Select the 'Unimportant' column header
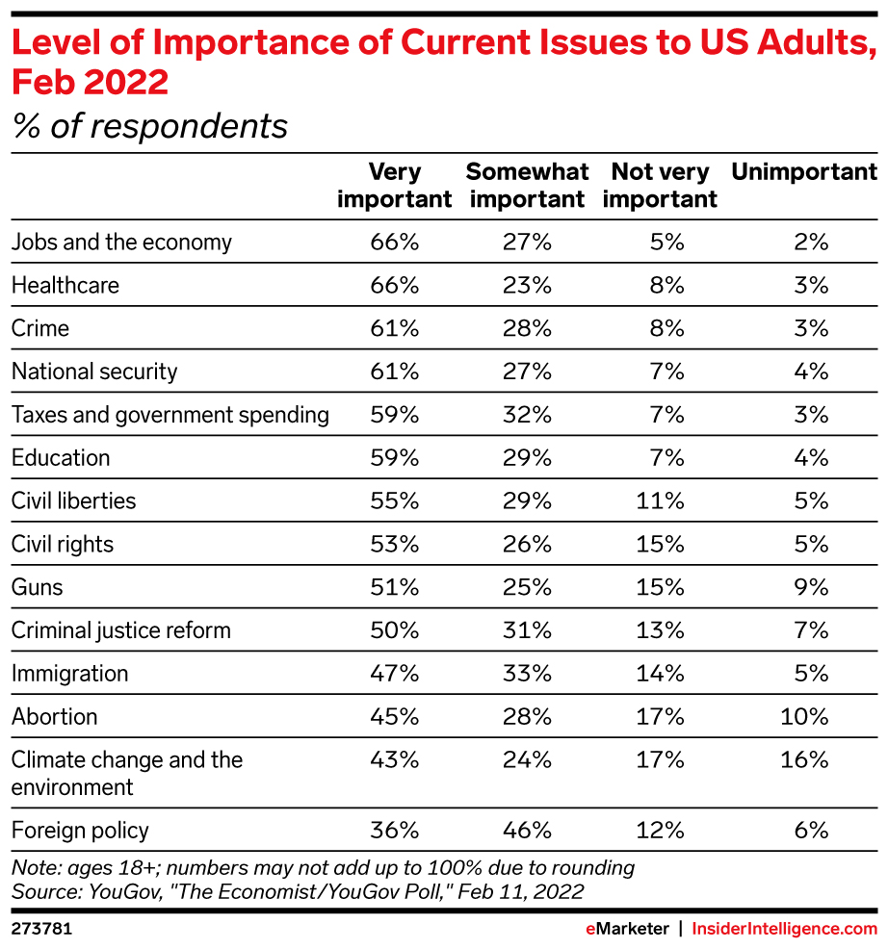[804, 172]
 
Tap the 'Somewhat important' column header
[527, 186]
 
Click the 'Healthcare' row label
[65, 286]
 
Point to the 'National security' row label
[94, 372]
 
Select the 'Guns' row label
[38, 587]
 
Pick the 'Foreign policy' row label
[80, 830]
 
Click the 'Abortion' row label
[54, 716]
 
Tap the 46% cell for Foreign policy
[527, 830]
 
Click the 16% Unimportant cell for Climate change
[805, 759]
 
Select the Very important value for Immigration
[395, 673]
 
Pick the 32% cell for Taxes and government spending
[527, 415]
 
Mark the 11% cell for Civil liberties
[661, 500]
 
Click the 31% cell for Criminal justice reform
[527, 630]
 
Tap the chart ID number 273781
[41, 929]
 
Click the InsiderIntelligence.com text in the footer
[786, 929]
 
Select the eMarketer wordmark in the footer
[626, 929]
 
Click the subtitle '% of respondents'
[149, 126]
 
